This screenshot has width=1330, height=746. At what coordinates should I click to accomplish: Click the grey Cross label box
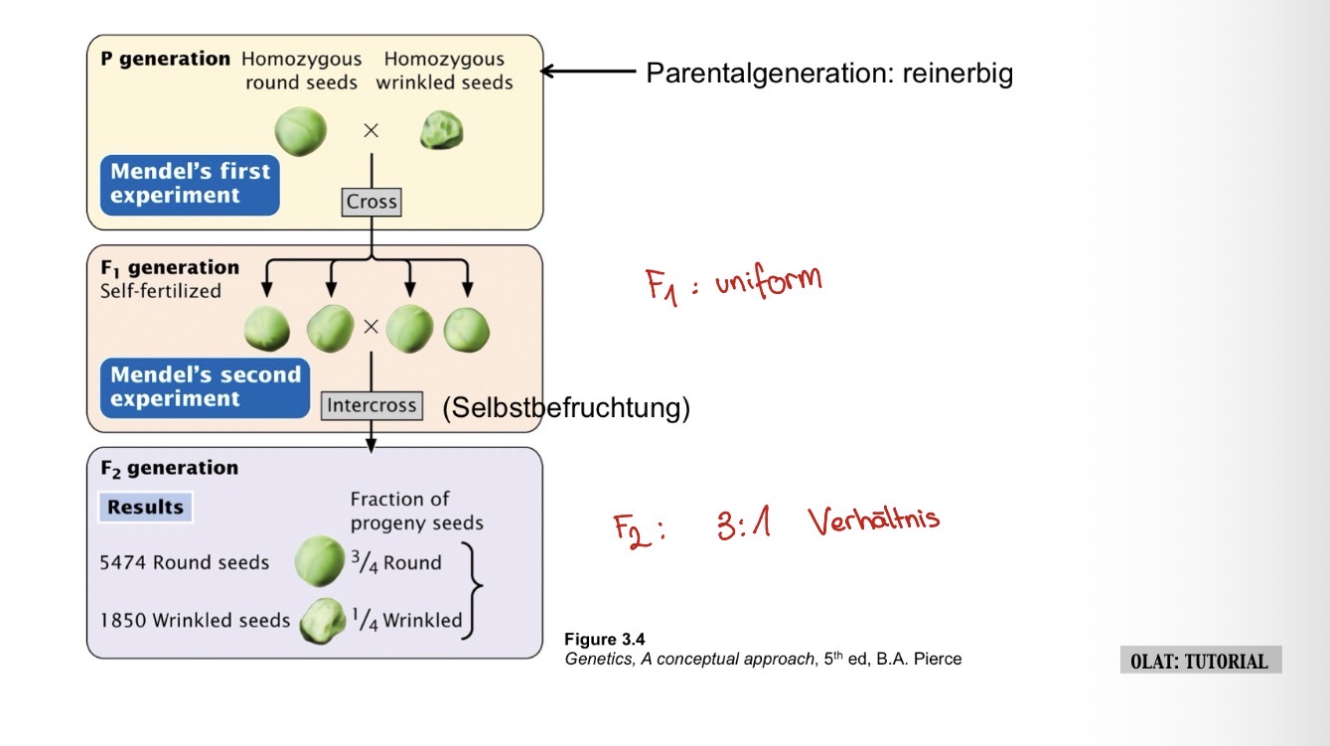click(x=371, y=202)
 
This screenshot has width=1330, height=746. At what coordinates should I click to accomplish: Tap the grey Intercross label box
click(x=371, y=405)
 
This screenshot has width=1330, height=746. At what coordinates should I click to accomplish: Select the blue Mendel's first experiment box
click(x=190, y=184)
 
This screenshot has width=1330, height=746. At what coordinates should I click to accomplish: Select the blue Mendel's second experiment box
click(x=205, y=387)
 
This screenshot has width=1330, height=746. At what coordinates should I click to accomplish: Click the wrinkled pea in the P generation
click(x=442, y=131)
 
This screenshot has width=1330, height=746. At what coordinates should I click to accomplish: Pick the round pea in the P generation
click(x=300, y=131)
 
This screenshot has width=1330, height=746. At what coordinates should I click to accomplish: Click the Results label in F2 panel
click(x=146, y=507)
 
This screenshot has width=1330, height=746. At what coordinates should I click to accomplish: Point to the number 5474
click(x=123, y=563)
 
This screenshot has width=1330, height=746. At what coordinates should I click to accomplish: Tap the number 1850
click(x=123, y=621)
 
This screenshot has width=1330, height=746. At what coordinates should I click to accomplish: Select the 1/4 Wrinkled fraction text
click(x=408, y=621)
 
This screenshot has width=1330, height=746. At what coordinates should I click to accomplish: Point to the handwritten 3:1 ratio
click(x=743, y=524)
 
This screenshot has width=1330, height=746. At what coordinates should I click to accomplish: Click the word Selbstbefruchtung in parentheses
click(x=566, y=407)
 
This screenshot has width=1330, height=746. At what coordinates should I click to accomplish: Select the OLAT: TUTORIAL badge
click(x=1200, y=662)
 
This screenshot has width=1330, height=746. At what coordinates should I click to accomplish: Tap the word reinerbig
click(x=958, y=73)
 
